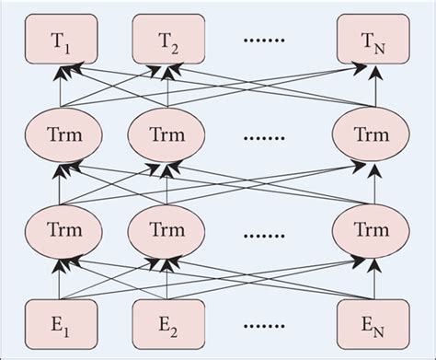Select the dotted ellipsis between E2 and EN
(x=268, y=325)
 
